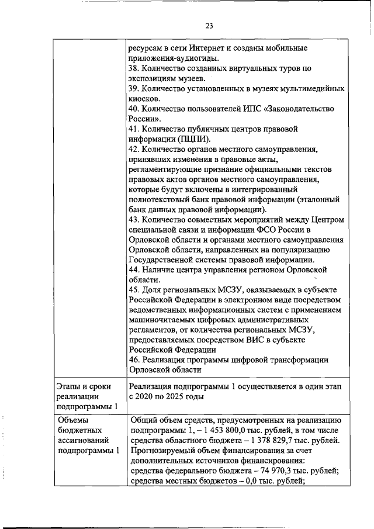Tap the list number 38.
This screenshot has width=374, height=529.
(x=134, y=68)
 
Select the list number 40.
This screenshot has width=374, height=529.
(x=134, y=109)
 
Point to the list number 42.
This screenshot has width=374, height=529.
(x=134, y=149)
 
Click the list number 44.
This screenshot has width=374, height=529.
(x=134, y=269)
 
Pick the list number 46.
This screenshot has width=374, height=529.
(x=134, y=359)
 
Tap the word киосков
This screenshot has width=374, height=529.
(x=144, y=99)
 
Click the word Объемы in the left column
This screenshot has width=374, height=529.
(x=73, y=420)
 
